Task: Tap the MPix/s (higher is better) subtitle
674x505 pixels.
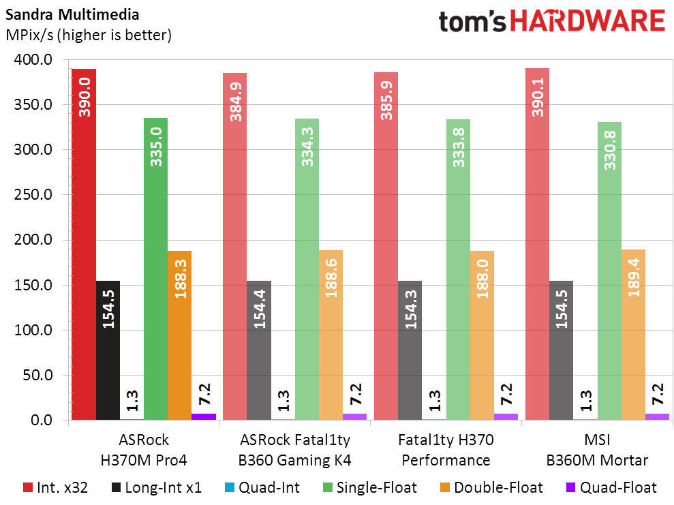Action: click(x=88, y=34)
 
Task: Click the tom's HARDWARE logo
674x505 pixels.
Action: click(x=551, y=22)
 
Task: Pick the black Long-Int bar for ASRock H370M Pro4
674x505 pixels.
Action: click(x=108, y=350)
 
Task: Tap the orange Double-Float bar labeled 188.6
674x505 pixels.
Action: click(x=331, y=335)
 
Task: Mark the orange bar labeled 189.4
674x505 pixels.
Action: click(x=633, y=334)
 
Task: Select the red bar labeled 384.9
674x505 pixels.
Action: click(x=234, y=246)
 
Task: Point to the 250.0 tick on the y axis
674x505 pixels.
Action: click(x=33, y=195)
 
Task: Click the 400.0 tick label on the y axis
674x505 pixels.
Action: click(x=33, y=60)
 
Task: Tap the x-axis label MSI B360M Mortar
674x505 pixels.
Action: click(x=597, y=450)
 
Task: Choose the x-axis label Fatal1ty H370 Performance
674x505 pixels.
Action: click(x=446, y=450)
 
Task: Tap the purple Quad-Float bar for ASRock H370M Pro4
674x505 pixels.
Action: click(x=204, y=416)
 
